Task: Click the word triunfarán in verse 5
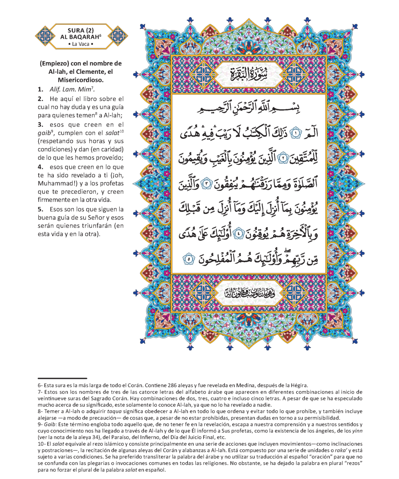[87, 226]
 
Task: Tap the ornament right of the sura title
[118, 36]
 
